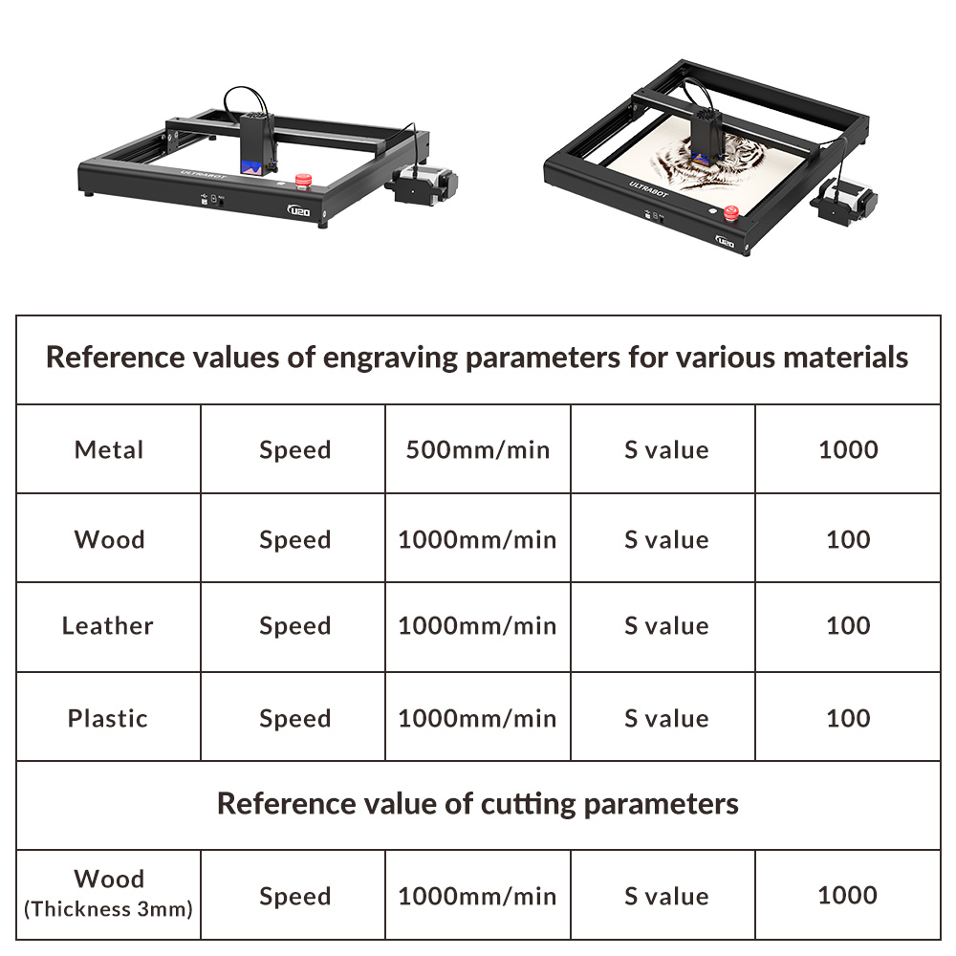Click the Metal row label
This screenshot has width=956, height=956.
109,450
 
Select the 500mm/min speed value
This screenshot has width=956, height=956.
478,450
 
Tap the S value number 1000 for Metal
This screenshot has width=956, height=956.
848,450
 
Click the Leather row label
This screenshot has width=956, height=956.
108,625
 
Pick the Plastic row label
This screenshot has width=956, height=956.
108,718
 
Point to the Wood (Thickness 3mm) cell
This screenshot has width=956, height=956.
109,893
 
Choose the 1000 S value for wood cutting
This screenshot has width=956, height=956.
847,895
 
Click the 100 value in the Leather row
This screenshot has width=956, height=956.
848,625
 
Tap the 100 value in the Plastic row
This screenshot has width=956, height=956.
848,718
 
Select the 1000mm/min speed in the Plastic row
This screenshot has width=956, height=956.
477,718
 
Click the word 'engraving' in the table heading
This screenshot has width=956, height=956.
390,358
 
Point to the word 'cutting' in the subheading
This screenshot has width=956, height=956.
528,804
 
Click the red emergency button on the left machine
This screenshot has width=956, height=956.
304,181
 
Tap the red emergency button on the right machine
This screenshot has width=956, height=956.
731,213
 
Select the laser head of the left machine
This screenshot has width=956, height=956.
257,144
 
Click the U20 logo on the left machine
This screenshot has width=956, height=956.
298,211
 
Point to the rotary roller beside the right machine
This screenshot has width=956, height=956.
844,201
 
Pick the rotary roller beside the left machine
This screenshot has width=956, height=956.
422,185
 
